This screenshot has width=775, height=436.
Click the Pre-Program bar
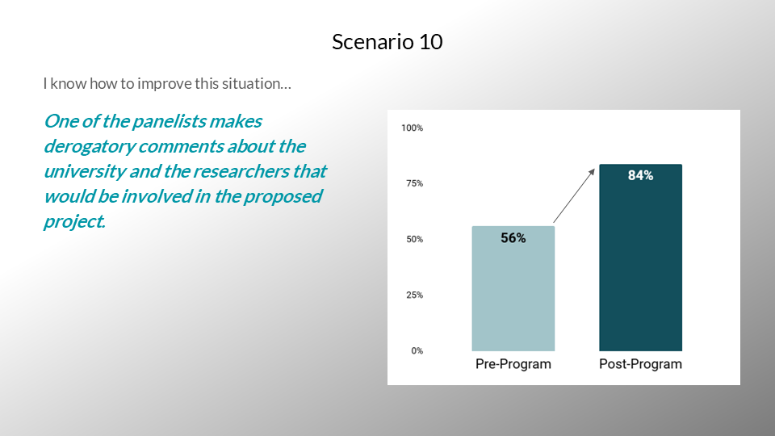(x=513, y=289)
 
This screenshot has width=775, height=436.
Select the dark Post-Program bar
(x=640, y=258)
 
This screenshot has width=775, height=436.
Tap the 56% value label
(x=513, y=238)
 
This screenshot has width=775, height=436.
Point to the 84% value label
(x=640, y=175)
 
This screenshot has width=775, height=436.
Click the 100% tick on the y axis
(x=413, y=128)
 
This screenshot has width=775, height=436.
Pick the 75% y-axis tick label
(x=415, y=183)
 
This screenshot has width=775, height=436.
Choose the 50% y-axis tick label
(x=415, y=239)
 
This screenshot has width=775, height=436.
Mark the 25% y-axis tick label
(x=415, y=296)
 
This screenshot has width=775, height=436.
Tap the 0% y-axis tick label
(x=417, y=351)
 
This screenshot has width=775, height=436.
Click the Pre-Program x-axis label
(x=513, y=364)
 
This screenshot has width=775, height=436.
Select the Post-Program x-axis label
(x=640, y=364)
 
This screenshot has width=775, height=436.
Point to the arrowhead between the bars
(x=592, y=172)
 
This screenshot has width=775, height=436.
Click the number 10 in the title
(x=431, y=42)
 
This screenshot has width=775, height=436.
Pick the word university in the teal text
(x=85, y=171)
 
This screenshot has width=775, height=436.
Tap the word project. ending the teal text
(x=74, y=222)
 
